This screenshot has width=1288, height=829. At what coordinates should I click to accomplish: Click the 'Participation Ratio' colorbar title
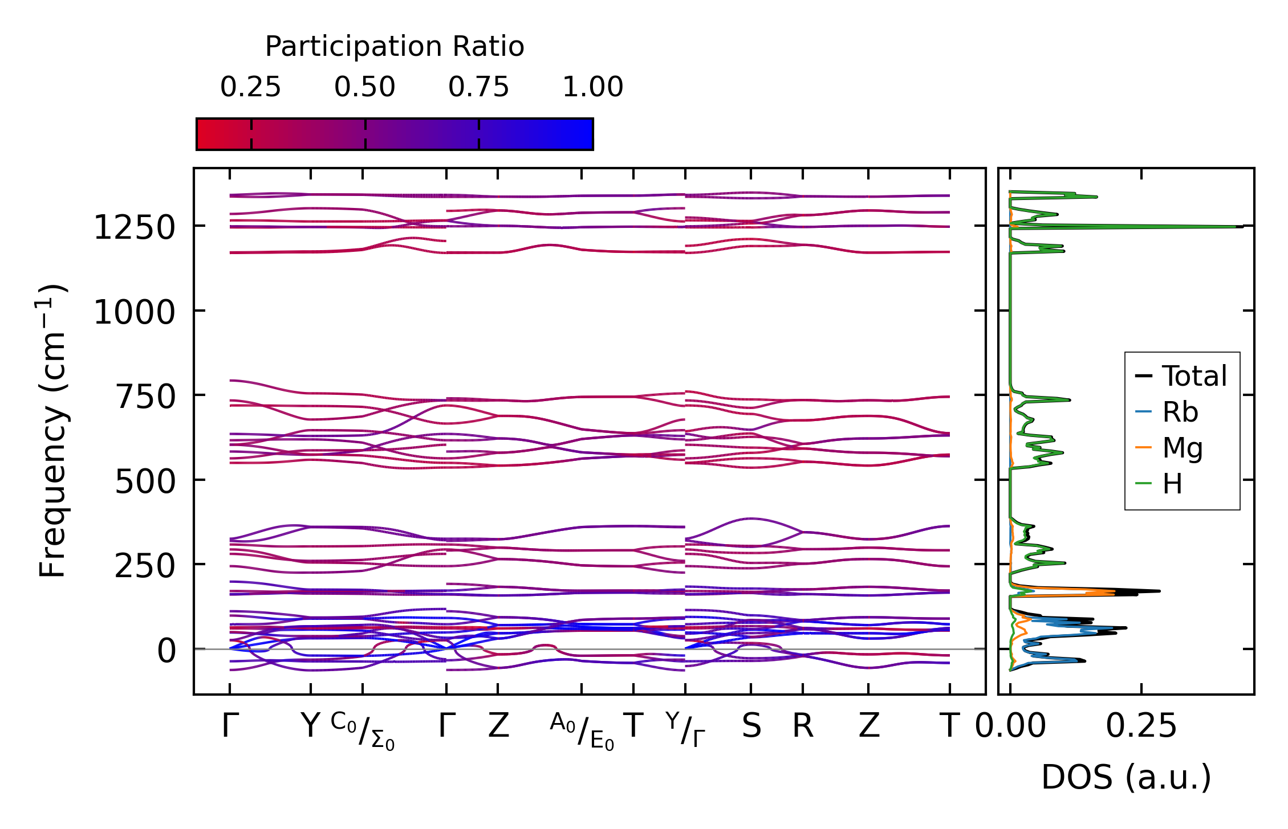(395, 47)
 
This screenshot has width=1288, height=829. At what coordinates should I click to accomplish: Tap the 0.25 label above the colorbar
(251, 87)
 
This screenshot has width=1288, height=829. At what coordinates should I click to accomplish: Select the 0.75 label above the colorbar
(478, 87)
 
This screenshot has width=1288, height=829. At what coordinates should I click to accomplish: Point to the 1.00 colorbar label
(593, 87)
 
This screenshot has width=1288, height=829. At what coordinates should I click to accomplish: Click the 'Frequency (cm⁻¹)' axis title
(53, 431)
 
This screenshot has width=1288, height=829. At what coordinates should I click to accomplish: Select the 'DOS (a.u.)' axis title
(1126, 777)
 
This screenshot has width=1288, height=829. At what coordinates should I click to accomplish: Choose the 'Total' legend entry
(1194, 376)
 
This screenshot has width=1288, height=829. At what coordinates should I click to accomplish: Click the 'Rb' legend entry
(1180, 412)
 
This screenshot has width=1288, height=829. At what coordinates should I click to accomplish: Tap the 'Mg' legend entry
(1183, 448)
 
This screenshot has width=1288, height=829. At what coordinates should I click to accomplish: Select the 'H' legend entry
(1172, 484)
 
